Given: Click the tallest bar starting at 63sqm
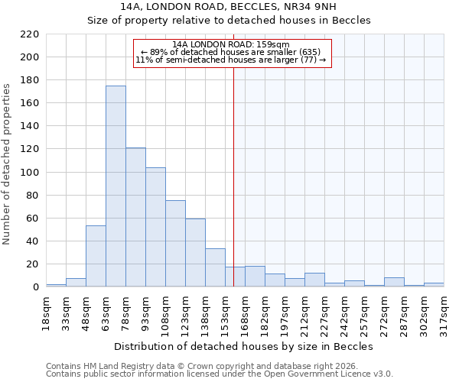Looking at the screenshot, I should coord(116,186).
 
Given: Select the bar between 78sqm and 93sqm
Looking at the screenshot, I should coord(135,218).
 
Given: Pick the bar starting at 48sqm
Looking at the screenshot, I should coord(96,257).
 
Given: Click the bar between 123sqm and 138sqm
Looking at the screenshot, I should coord(195,253).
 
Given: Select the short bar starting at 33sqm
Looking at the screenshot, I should coord(76,283).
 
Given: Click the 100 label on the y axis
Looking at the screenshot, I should coord(29,173).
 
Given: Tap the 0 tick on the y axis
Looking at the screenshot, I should coord(35,287).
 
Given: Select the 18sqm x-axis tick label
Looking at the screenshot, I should coord(47,313).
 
